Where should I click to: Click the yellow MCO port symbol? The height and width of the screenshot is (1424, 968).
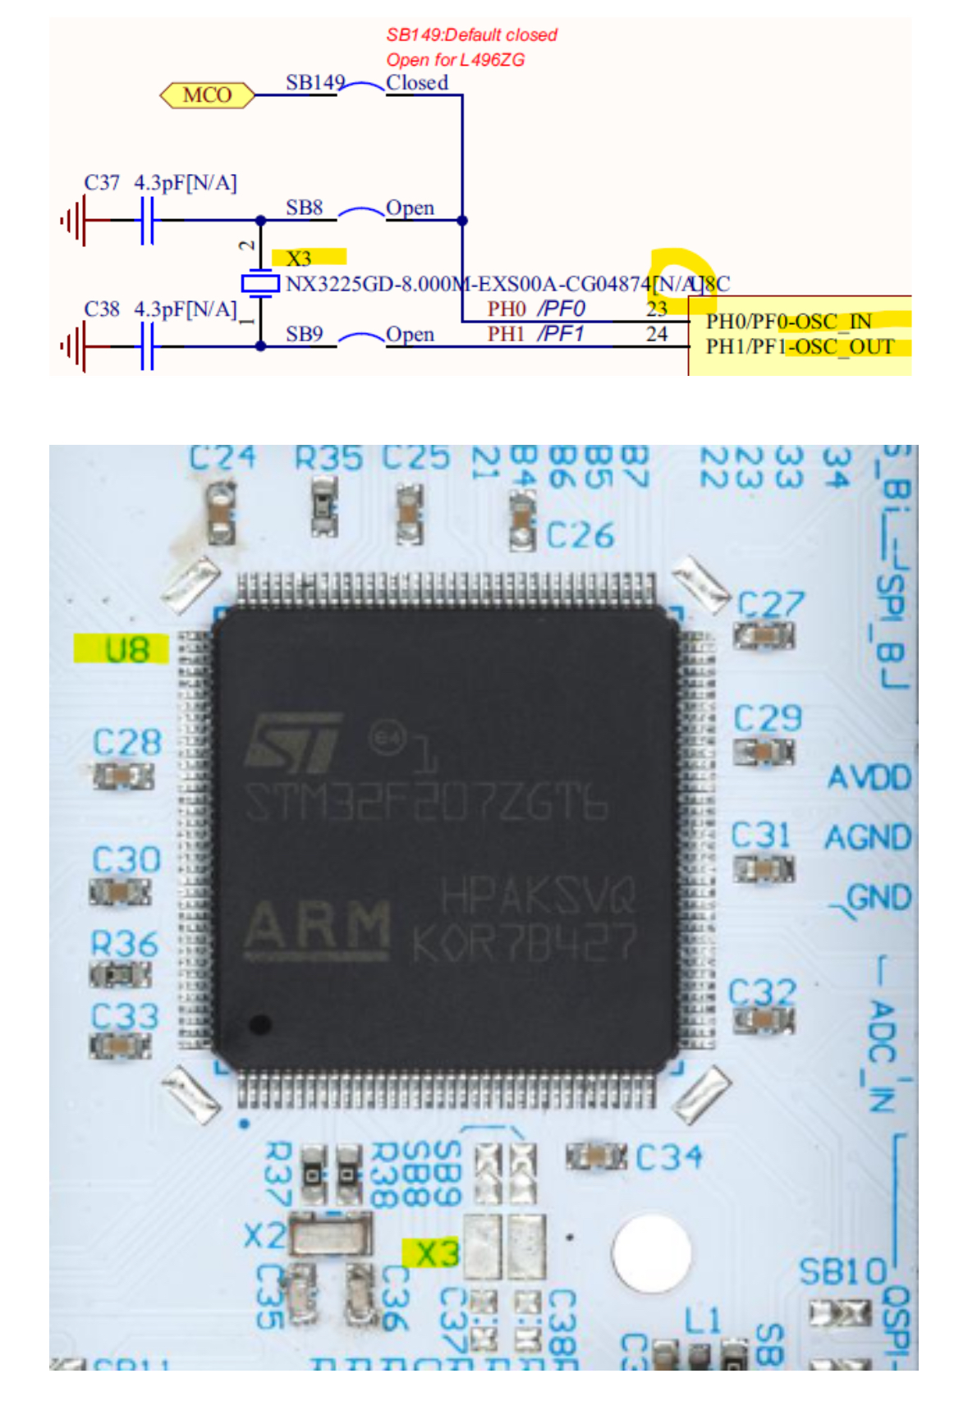[207, 95]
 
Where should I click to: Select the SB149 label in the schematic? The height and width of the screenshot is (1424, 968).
[314, 83]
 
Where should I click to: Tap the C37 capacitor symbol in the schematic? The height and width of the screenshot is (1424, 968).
[147, 220]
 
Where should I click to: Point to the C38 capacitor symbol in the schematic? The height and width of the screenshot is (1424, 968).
[147, 346]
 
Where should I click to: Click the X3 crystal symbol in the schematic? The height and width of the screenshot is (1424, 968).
[260, 284]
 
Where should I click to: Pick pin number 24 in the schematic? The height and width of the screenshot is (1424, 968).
[656, 334]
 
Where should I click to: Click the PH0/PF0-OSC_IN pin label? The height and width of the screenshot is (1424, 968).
[788, 321]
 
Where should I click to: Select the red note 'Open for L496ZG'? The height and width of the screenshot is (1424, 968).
[455, 60]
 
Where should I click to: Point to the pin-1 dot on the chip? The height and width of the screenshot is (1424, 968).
[260, 1023]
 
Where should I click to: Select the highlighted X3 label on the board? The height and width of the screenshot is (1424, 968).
[436, 1253]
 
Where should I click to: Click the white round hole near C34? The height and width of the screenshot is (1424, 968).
[650, 1252]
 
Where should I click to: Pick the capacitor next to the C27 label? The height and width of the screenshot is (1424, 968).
[764, 635]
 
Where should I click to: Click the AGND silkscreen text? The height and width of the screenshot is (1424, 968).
[868, 838]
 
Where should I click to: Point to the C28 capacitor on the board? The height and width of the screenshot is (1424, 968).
[124, 776]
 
